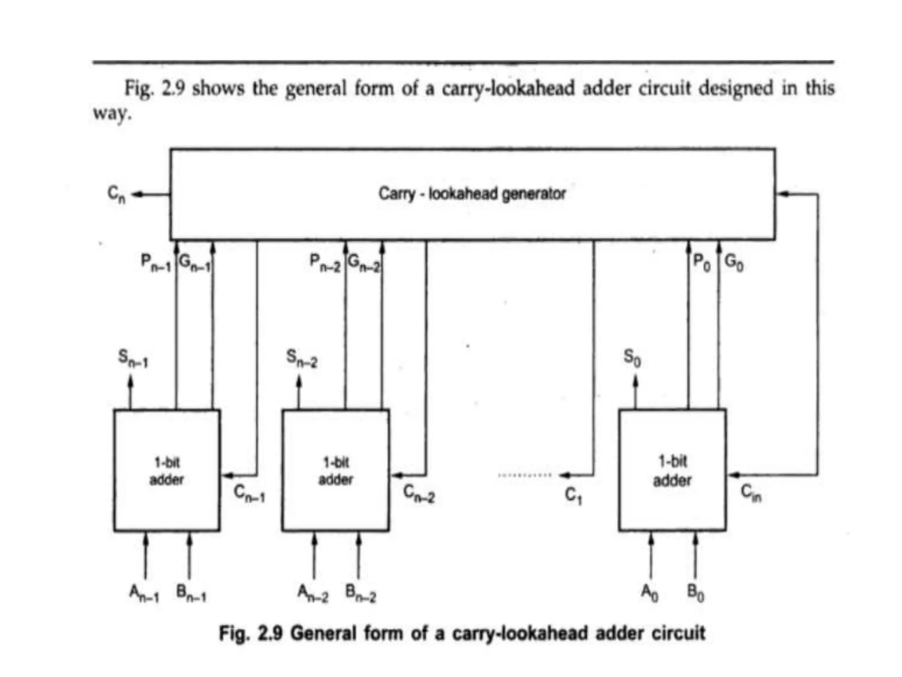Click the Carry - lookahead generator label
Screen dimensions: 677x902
tap(472, 193)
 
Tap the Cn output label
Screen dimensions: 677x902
tap(117, 194)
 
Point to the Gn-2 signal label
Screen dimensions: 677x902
tap(364, 264)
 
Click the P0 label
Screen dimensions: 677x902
tap(702, 263)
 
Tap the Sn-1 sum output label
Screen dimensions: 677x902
tap(133, 358)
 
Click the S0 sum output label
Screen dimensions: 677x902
tap(632, 358)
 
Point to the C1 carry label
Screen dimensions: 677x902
tap(573, 496)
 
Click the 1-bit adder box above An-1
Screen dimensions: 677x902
tap(167, 471)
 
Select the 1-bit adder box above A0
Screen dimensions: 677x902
tap(672, 471)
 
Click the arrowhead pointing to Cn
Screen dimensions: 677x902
tap(137, 194)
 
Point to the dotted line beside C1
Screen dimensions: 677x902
tap(524, 475)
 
